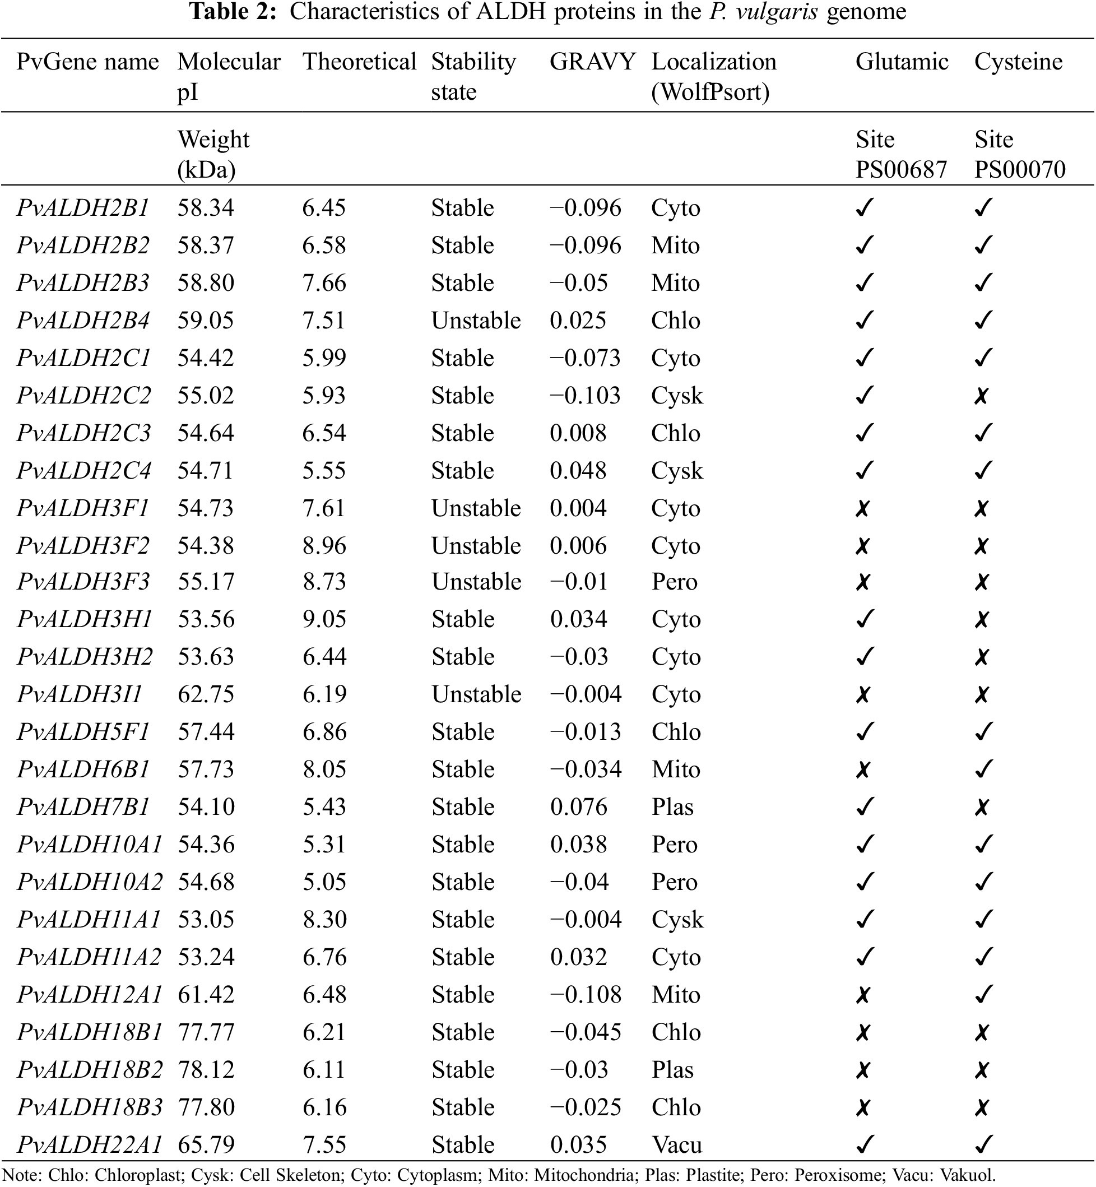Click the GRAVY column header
click(592, 62)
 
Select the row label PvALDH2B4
click(83, 321)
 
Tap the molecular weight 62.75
click(206, 694)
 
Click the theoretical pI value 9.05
click(324, 619)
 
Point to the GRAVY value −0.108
click(586, 994)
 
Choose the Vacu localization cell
click(676, 1144)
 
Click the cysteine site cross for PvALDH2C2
click(981, 396)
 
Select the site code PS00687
click(900, 170)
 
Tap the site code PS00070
click(1019, 170)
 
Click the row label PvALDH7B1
click(83, 807)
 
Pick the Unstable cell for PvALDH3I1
click(476, 694)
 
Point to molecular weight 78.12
click(206, 1069)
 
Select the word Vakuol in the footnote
click(965, 1175)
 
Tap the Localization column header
click(713, 62)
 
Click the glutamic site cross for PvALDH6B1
click(863, 770)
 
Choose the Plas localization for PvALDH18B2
click(672, 1069)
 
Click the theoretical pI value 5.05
click(324, 882)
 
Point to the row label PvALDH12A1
click(90, 994)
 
